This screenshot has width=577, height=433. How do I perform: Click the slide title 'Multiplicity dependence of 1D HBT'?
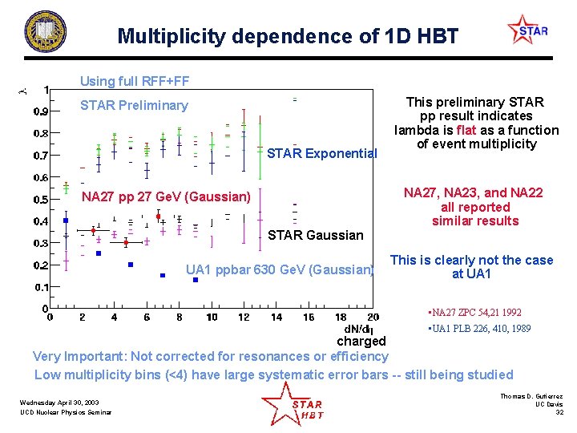tap(288, 36)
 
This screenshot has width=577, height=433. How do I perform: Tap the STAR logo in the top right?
tap(528, 31)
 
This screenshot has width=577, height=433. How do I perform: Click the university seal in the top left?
tap(46, 32)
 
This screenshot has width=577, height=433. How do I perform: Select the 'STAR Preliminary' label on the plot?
tap(134, 105)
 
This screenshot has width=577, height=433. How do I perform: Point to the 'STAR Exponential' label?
tap(321, 153)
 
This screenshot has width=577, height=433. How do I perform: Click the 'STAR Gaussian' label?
tap(315, 235)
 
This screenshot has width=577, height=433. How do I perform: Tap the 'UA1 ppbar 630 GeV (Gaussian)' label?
tap(280, 269)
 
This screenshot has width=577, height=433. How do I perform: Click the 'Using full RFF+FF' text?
tap(134, 81)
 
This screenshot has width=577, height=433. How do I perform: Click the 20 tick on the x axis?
tap(373, 318)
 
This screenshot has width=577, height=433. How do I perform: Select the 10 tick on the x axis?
tap(211, 318)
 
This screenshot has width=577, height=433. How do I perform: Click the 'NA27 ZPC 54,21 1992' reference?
tap(476, 312)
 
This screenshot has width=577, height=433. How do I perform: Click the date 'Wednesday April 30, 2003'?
tap(60, 403)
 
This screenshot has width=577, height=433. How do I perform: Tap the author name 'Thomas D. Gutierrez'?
tap(531, 396)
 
